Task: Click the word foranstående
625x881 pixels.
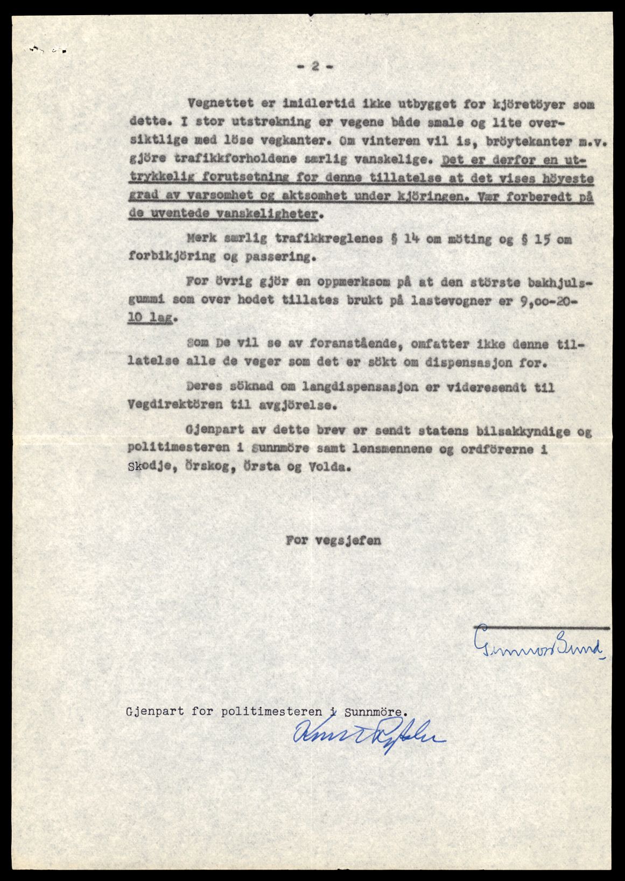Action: click(x=325, y=344)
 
